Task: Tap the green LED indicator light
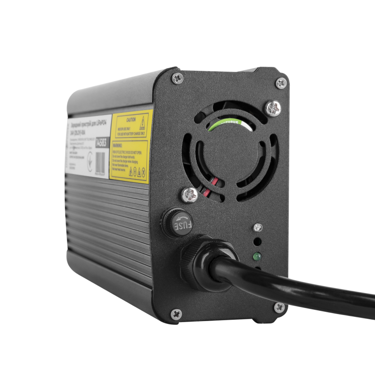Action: click(256, 257)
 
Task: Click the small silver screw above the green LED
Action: click(257, 227)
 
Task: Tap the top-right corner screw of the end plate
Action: click(281, 83)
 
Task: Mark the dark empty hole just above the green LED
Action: click(257, 243)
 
